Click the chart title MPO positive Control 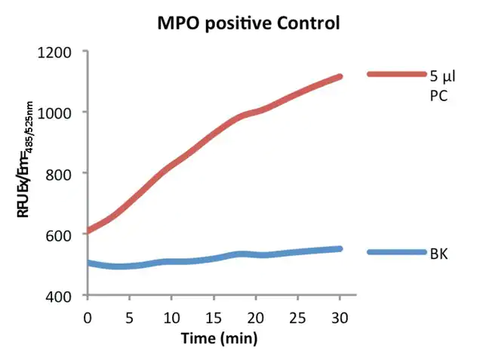pyautogui.click(x=248, y=23)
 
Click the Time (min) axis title pyautogui.click(x=219, y=338)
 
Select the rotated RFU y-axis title pyautogui.click(x=26, y=174)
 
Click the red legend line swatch pyautogui.click(x=397, y=74)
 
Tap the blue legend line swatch pyautogui.click(x=397, y=252)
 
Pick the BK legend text pyautogui.click(x=439, y=254)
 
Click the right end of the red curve pyautogui.click(x=340, y=77)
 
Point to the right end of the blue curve pyautogui.click(x=340, y=248)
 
